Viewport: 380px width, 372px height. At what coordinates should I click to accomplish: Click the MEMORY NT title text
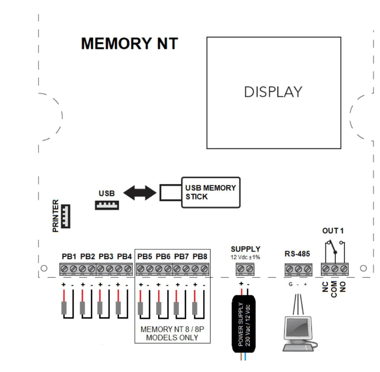[x=129, y=44]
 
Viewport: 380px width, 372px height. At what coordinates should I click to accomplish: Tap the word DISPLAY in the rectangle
[x=272, y=92]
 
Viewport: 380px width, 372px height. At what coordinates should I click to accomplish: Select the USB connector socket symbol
[x=106, y=205]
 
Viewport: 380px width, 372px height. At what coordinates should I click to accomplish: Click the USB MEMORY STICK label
[x=210, y=192]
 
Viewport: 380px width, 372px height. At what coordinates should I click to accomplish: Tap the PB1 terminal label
[x=70, y=256]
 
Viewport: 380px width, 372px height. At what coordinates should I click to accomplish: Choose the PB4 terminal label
[x=124, y=256]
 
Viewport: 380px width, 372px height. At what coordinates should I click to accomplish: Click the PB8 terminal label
[x=201, y=256]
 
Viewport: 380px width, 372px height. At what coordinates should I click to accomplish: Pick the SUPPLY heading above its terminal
[x=245, y=249]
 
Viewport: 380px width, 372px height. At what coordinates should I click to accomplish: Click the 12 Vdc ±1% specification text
[x=245, y=258]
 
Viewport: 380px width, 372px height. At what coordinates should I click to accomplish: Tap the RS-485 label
[x=298, y=254]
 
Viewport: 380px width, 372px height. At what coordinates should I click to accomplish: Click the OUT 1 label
[x=334, y=230]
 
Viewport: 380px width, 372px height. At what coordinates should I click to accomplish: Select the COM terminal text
[x=334, y=290]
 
